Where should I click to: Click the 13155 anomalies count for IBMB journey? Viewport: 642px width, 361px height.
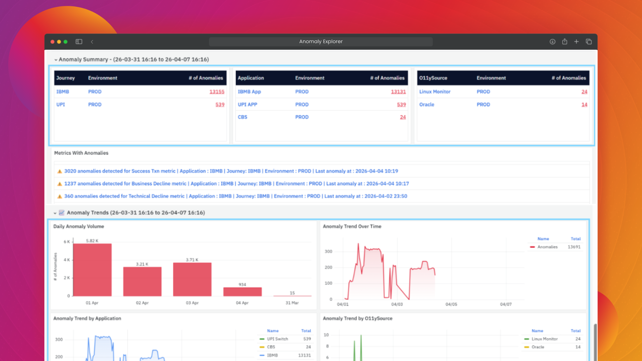tap(217, 92)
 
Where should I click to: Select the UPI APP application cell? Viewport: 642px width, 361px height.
tap(247, 105)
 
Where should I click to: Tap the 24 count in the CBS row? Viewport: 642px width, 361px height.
tap(403, 117)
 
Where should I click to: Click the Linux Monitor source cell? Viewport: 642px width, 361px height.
tap(435, 92)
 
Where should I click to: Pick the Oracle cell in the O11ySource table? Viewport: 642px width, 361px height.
tap(427, 105)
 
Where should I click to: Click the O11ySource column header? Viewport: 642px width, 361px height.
tap(433, 78)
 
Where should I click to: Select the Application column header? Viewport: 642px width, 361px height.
tap(251, 78)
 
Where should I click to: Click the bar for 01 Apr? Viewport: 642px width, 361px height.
tap(92, 270)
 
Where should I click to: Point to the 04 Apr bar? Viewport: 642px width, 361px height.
tap(242, 292)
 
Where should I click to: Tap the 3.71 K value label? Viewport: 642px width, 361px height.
tap(192, 260)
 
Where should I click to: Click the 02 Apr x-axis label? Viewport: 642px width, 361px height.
tap(142, 303)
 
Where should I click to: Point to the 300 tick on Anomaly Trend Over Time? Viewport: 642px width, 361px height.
tap(328, 251)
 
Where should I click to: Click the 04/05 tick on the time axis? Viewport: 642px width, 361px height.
tap(451, 304)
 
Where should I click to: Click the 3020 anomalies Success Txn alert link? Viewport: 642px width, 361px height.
tap(231, 171)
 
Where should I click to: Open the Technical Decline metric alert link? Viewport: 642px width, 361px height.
tap(236, 196)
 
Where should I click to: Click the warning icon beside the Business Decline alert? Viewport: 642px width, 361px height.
tap(60, 184)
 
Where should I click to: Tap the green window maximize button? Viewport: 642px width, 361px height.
tap(66, 42)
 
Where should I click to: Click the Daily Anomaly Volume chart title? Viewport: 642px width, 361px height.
tap(79, 226)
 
